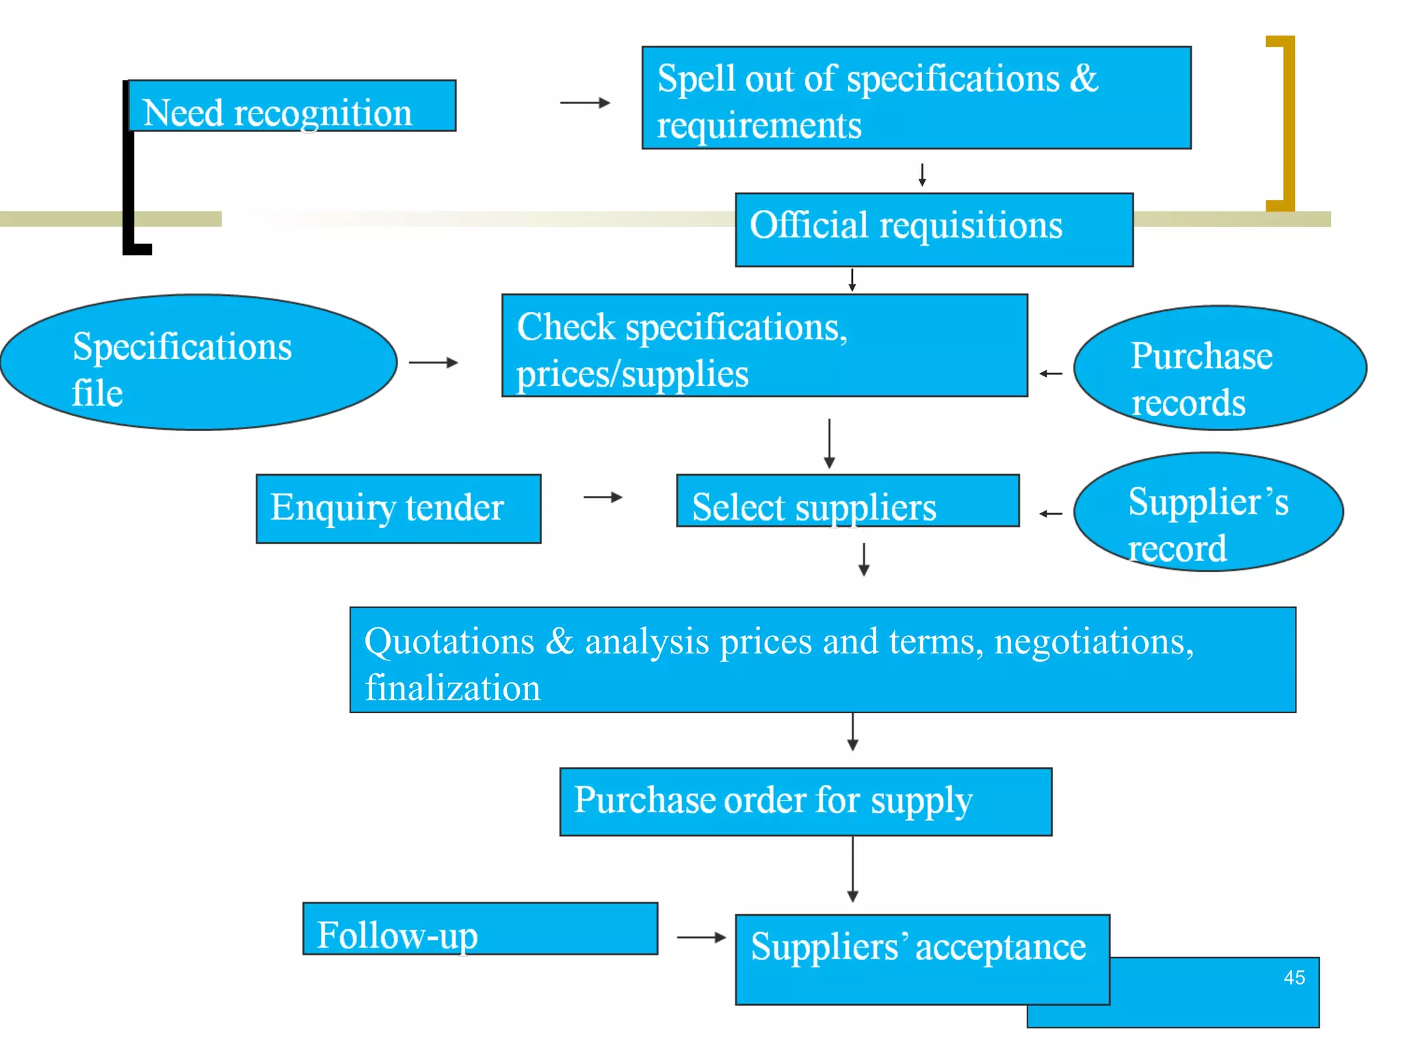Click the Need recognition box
292,106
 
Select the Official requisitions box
934,229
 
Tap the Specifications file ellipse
198,363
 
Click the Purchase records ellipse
1220,368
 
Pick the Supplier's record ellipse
1208,512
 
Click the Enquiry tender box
398,508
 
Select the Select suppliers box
848,501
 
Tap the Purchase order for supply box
805,801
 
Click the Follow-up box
480,929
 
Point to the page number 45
1294,977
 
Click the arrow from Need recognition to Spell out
585,103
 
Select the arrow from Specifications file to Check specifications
433,363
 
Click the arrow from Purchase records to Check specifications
1051,374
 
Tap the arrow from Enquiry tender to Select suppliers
603,497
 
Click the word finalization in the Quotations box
452,688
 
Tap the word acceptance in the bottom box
1000,948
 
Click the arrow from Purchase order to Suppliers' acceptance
852,869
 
